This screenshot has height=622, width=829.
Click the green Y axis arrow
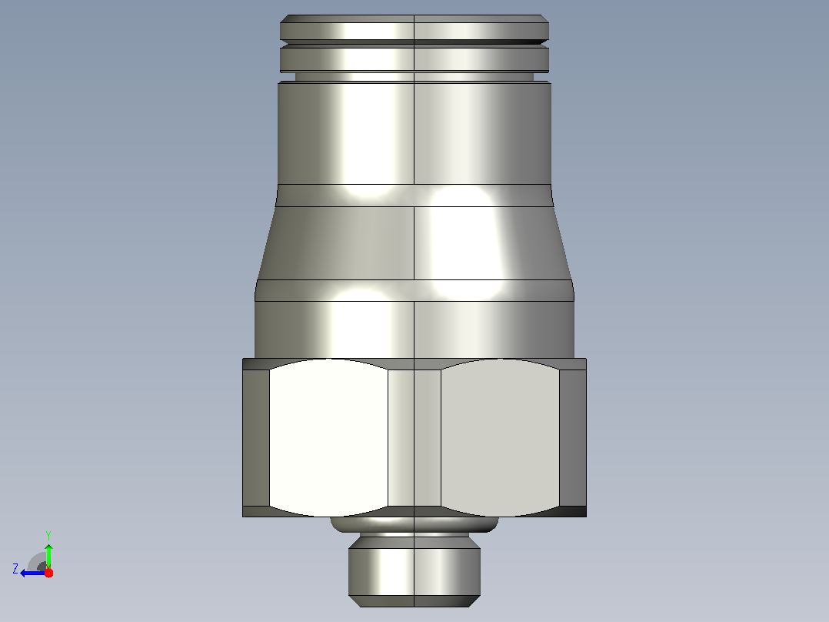pyautogui.click(x=48, y=554)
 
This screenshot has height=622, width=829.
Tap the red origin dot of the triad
pyautogui.click(x=48, y=573)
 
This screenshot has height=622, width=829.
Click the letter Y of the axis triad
pyautogui.click(x=48, y=535)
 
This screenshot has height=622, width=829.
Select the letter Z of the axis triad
pyautogui.click(x=15, y=569)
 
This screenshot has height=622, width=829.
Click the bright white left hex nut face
pyautogui.click(x=328, y=438)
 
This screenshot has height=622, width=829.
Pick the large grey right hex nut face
pyautogui.click(x=500, y=438)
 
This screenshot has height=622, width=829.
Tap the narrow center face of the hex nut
pyautogui.click(x=414, y=438)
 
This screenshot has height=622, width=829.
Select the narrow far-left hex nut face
pyautogui.click(x=256, y=438)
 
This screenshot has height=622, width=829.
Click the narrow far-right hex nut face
pyautogui.click(x=573, y=438)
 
